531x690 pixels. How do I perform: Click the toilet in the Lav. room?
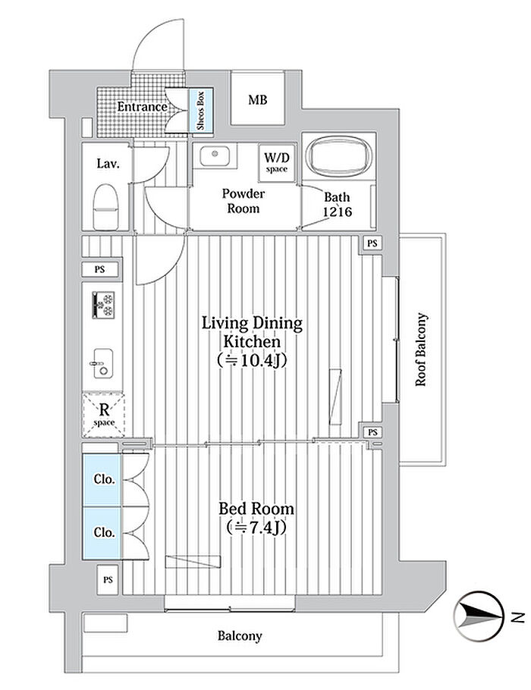(105, 206)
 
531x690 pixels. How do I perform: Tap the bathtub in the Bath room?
(339, 157)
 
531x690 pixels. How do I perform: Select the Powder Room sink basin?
(215, 155)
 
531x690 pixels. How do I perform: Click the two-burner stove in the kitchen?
(103, 305)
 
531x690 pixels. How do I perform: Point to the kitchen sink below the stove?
(103, 363)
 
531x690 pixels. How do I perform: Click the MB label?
(258, 100)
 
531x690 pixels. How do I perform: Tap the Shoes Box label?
(201, 110)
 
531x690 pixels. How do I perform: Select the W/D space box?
(277, 162)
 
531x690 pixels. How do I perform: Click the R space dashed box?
(104, 415)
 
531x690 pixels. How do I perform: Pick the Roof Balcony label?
(421, 350)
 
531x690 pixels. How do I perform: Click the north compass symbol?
(479, 616)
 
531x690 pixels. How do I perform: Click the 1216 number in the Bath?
(338, 212)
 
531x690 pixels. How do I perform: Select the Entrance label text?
(142, 106)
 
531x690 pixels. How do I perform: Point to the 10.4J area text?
(252, 360)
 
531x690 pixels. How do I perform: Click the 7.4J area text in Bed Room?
(256, 527)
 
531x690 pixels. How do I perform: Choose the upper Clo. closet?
(102, 479)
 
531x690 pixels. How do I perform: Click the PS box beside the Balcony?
(108, 579)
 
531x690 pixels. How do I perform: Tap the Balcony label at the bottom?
(240, 636)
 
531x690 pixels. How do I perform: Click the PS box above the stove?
(100, 269)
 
